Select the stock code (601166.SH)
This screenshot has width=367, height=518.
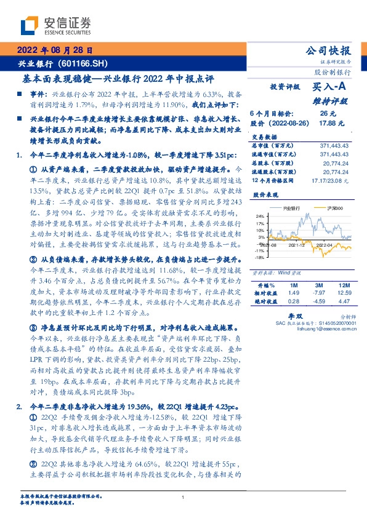[x=84, y=63]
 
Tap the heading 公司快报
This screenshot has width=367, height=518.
[x=333, y=51]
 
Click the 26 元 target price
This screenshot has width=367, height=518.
[x=328, y=114]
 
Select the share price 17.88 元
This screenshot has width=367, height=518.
[x=327, y=123]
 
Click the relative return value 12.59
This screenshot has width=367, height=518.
[x=343, y=293]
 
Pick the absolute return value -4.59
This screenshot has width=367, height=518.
[x=318, y=301]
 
